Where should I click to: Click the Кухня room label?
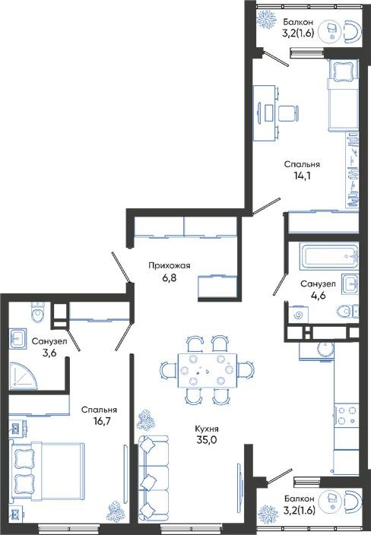(207, 429)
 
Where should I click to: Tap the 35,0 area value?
(207, 440)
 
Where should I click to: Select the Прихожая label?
(170, 265)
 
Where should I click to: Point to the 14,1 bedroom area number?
(302, 176)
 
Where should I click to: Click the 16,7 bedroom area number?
(102, 421)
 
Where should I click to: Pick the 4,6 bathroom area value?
(318, 295)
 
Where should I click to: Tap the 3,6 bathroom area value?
(49, 353)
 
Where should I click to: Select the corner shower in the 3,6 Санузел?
(23, 375)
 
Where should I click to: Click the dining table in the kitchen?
(207, 370)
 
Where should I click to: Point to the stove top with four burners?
(347, 415)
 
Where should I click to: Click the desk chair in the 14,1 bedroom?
(289, 113)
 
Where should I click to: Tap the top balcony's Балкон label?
(298, 22)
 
